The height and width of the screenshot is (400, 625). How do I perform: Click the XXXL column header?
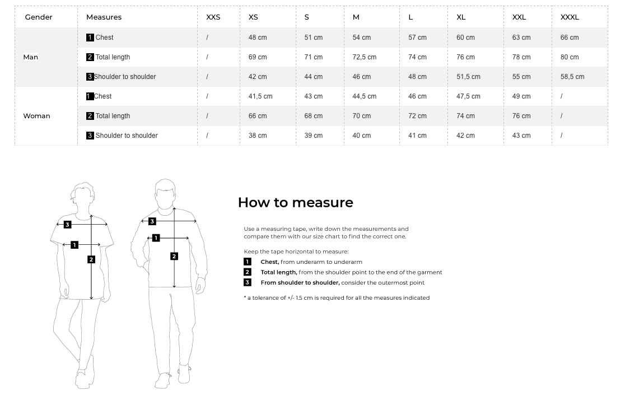570,17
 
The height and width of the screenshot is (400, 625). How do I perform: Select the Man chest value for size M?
361,38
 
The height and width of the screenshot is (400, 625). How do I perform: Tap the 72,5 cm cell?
364,57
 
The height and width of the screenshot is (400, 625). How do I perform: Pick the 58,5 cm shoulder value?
572,77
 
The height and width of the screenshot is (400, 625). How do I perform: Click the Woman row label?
36,116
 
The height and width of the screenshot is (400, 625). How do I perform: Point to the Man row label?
31,57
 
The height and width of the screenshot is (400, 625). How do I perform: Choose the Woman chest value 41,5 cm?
260,96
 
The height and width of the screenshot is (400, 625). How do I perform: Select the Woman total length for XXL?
521,116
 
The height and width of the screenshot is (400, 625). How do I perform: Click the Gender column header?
39,17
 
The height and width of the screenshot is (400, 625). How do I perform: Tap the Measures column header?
104,17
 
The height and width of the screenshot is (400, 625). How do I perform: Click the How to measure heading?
295,202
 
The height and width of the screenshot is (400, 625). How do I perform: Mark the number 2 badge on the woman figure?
91,259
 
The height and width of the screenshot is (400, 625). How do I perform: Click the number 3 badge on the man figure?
152,221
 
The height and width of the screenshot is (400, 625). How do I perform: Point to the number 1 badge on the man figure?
156,238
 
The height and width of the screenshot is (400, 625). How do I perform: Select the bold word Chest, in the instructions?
269,262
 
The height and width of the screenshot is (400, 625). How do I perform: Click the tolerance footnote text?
337,298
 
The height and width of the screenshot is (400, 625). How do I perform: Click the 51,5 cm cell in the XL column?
468,77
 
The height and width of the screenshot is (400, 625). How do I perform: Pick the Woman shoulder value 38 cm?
257,136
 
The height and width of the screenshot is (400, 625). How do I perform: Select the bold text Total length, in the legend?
278,272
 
